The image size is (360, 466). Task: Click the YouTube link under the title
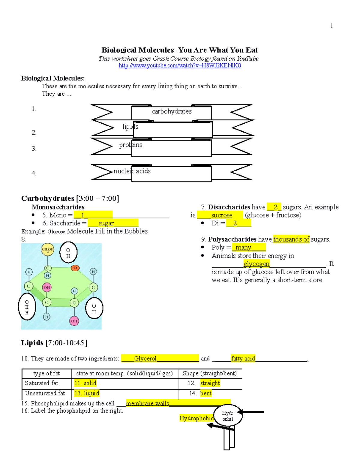(180, 66)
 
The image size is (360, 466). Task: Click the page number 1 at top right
(331, 26)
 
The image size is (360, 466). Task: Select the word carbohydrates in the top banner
(172, 111)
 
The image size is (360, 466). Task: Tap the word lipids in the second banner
(130, 127)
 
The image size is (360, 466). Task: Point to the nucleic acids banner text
(132, 171)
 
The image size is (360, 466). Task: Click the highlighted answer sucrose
(221, 215)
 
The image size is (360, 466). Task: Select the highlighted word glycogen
(256, 264)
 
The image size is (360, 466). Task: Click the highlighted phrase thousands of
(291, 239)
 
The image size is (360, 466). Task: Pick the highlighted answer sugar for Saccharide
(106, 223)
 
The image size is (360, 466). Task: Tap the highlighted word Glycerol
(145, 358)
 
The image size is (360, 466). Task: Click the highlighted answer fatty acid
(243, 358)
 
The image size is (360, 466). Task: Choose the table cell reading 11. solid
(85, 383)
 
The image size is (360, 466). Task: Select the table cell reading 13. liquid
(87, 393)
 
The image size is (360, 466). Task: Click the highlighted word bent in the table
(206, 393)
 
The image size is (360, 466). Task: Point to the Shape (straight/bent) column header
(210, 374)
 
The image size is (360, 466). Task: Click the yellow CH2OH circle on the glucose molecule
(47, 249)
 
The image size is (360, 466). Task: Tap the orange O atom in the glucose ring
(75, 268)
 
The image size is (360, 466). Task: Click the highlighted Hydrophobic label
(196, 418)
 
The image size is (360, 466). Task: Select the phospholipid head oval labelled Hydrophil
(228, 416)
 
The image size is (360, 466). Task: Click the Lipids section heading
(54, 343)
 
